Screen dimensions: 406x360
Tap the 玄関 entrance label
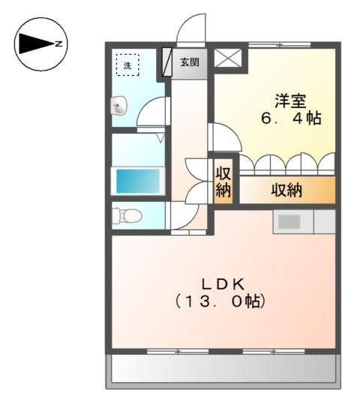pos(189,63)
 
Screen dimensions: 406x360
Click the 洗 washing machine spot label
pos(126,65)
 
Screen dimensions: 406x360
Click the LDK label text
pos(223,284)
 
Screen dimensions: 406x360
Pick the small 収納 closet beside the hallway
pos(223,181)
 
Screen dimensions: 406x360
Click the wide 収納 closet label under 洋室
pos(286,191)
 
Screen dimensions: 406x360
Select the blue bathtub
pos(138,181)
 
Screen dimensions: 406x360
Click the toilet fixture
pos(127,216)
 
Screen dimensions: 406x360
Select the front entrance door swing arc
pos(191,30)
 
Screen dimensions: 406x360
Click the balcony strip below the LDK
pos(222,369)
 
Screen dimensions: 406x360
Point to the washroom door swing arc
pos(153,113)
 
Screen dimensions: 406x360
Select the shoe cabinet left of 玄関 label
pos(167,63)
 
